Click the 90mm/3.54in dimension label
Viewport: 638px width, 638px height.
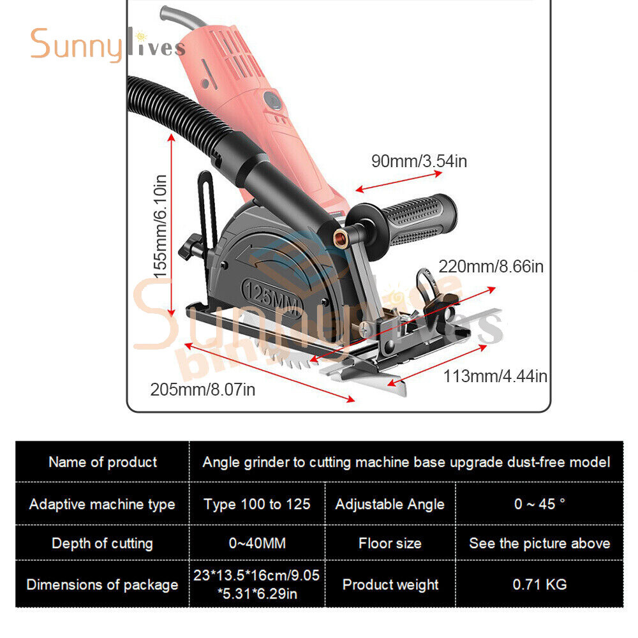[x=419, y=161]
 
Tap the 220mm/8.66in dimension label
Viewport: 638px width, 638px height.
[x=491, y=267]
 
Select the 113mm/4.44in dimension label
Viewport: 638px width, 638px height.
[x=495, y=376]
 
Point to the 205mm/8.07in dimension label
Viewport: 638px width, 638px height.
[x=203, y=389]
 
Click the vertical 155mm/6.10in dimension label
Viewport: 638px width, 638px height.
[x=160, y=226]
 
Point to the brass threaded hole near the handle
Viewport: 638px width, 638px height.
[x=339, y=237]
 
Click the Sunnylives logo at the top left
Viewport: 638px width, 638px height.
[x=108, y=45]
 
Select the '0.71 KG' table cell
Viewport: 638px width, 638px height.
[x=540, y=584]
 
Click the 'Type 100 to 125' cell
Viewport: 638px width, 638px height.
[x=257, y=504]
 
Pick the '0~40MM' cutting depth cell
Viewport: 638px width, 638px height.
[x=257, y=543]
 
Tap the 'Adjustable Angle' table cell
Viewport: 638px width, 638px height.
[x=390, y=504]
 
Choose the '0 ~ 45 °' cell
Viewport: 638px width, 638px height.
[x=540, y=504]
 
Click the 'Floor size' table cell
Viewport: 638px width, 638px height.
[x=390, y=543]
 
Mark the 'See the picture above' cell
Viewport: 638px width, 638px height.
[x=540, y=543]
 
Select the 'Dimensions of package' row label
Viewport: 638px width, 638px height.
[x=102, y=584]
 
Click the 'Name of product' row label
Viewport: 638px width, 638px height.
[x=102, y=462]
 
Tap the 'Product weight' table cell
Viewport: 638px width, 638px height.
[x=390, y=584]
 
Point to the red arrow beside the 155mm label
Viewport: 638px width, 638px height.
[x=171, y=225]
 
